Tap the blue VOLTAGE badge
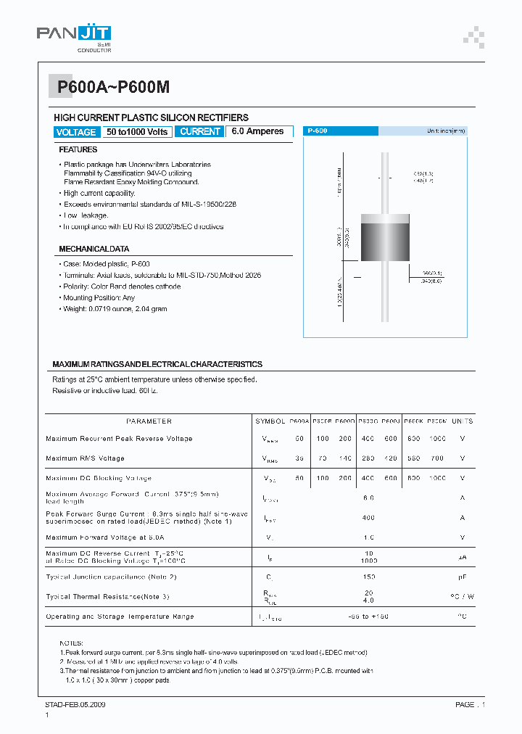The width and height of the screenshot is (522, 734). [x=75, y=132]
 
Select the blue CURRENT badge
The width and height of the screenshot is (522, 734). [x=199, y=131]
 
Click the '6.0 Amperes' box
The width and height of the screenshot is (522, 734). [x=259, y=131]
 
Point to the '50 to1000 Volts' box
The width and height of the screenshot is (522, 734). [x=137, y=131]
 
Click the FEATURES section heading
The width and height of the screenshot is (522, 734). [x=78, y=149]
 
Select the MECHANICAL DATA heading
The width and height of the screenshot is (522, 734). [x=94, y=248]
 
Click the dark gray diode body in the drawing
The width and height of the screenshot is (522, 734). [x=384, y=236]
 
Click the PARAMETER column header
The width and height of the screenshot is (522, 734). [x=149, y=421]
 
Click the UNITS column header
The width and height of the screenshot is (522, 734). [x=462, y=421]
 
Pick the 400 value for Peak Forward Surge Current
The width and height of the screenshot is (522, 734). [x=368, y=517]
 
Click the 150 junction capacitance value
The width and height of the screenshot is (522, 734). [x=368, y=577]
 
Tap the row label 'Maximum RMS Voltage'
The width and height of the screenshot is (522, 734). [x=85, y=458]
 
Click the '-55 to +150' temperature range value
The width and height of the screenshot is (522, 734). [x=368, y=617]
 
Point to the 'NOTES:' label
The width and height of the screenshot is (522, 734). [x=72, y=643]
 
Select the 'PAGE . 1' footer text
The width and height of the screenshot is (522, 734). [x=470, y=704]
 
